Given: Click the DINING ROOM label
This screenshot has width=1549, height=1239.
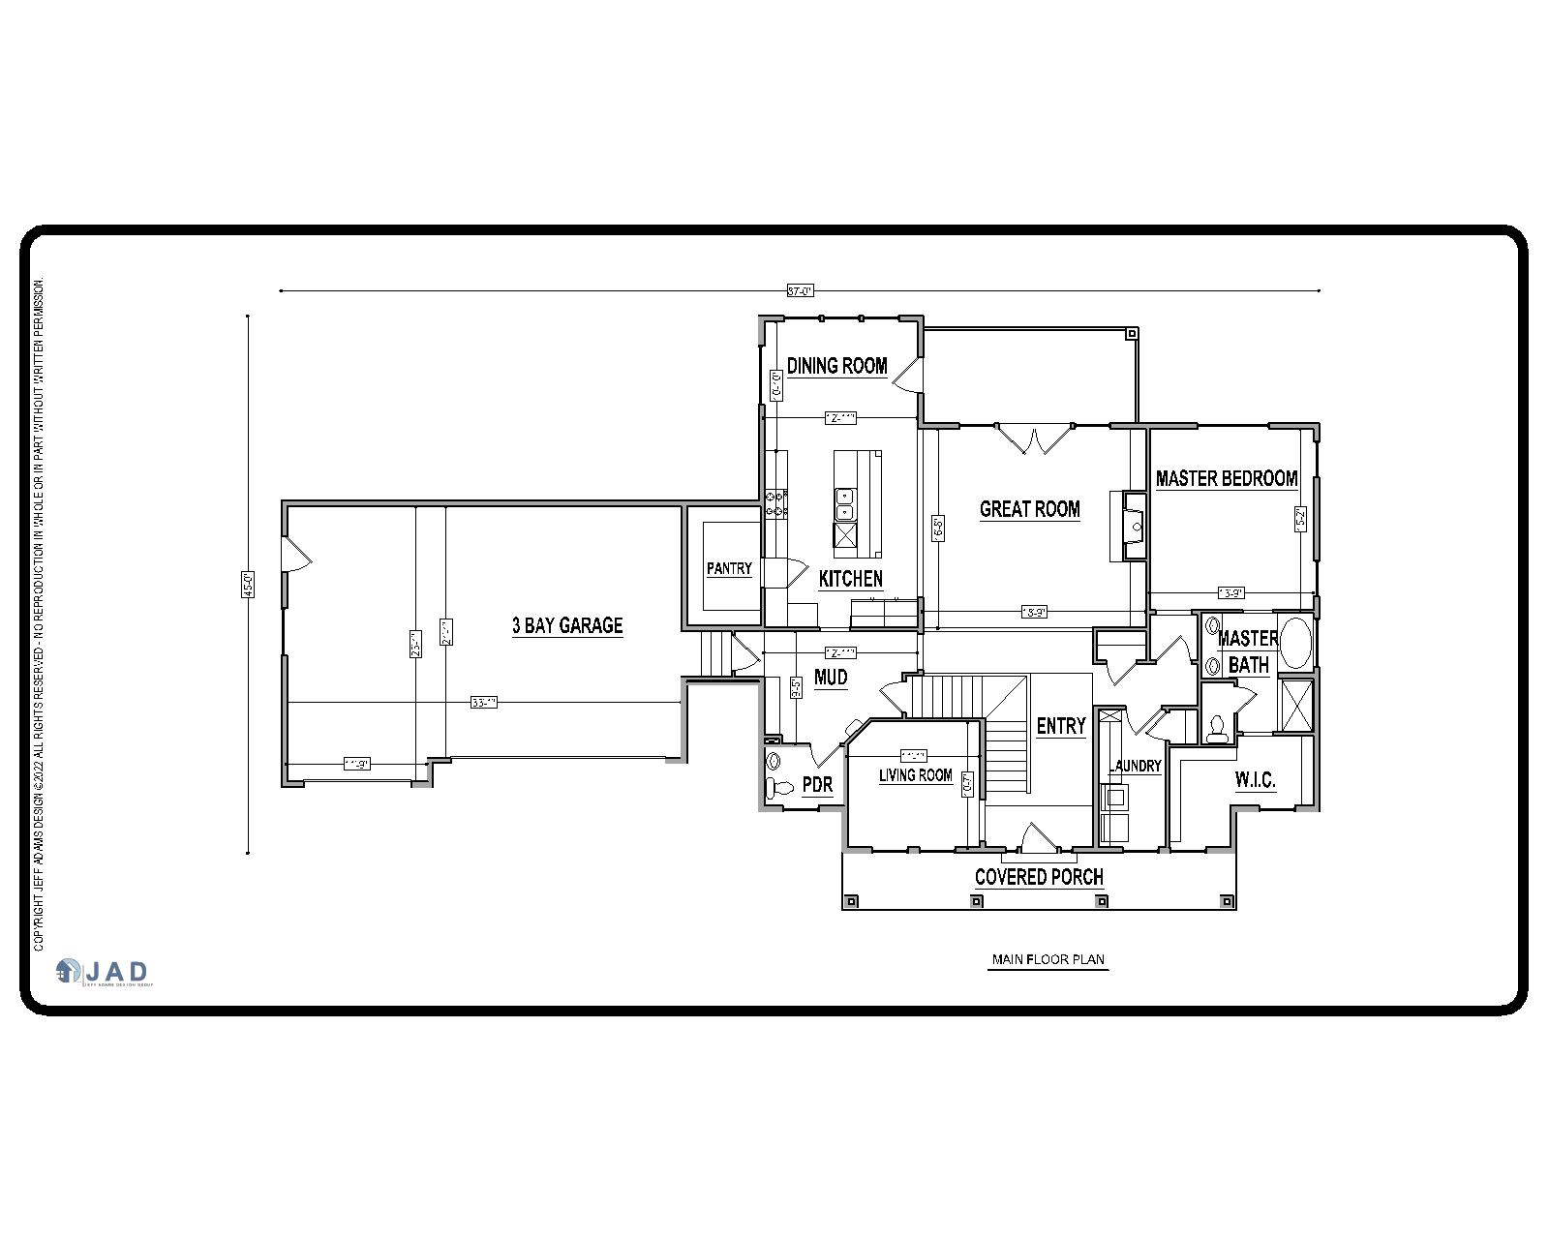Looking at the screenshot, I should tap(836, 366).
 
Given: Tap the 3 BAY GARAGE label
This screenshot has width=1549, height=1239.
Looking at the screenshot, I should tap(567, 625).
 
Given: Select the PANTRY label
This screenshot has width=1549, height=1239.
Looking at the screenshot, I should tap(729, 569).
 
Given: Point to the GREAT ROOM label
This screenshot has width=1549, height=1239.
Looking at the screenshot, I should tap(1029, 509).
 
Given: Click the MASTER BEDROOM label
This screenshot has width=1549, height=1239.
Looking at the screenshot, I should tap(1226, 478).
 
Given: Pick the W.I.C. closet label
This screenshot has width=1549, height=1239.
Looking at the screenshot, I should tap(1255, 780).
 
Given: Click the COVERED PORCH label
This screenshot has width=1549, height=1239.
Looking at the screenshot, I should tap(1039, 877).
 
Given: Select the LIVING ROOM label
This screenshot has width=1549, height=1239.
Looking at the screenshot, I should tap(915, 775).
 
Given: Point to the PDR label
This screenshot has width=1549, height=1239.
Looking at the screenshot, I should tap(817, 785).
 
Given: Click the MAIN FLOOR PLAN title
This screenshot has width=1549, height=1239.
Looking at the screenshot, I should tap(1048, 960).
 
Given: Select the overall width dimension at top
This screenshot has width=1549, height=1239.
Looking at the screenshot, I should tap(800, 289).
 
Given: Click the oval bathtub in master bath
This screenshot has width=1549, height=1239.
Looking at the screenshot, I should tap(1295, 641).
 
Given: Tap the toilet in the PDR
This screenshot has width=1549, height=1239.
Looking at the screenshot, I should tap(774, 786).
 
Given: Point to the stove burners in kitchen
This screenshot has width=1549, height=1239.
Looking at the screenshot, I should tap(775, 503).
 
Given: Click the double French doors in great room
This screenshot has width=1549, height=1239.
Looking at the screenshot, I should tap(1034, 439).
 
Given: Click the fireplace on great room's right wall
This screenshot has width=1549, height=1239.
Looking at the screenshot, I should tap(1134, 526).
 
